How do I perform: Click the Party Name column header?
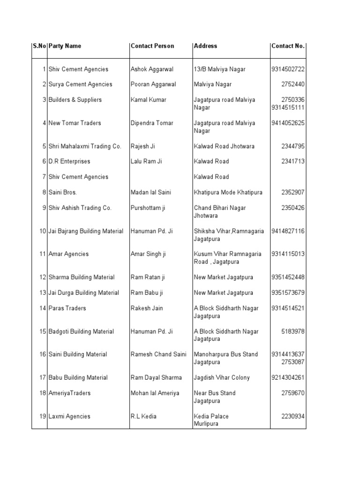[x=65, y=46]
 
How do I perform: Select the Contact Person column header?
[x=152, y=46]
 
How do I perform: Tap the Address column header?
[x=205, y=46]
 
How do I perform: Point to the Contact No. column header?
[x=288, y=46]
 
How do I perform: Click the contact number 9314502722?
[x=288, y=69]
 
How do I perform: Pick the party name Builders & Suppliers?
[x=75, y=100]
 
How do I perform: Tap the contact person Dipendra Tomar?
[x=152, y=123]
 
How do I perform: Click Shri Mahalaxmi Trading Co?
[x=85, y=146]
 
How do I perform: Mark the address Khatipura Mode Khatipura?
[x=228, y=193]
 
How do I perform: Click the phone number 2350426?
[x=293, y=208]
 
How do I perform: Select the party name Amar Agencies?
[x=68, y=254]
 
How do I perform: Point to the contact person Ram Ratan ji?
[x=148, y=277]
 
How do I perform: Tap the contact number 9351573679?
[x=288, y=293]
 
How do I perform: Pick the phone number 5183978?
[x=293, y=331]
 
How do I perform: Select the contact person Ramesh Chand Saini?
[x=158, y=354]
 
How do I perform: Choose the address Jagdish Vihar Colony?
[x=222, y=378]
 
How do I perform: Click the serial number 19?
[x=43, y=416]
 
